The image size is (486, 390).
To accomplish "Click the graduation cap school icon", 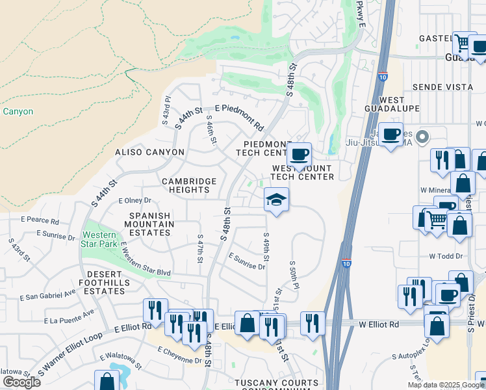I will pyautogui.click(x=276, y=199).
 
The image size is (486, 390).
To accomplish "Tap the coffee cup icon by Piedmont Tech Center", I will pyautogui.click(x=299, y=155).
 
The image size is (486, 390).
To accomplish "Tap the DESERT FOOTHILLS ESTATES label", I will pyautogui.click(x=104, y=287).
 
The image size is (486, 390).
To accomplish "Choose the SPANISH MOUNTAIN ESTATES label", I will pyautogui.click(x=150, y=224).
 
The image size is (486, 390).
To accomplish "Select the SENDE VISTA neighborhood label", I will pyautogui.click(x=442, y=86).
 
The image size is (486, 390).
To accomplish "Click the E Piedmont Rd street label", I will pyautogui.click(x=239, y=117).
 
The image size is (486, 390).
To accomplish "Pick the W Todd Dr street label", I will pyautogui.click(x=445, y=256).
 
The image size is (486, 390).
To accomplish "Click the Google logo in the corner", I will pyautogui.click(x=21, y=382).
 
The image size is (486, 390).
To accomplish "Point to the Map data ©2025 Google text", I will pyautogui.click(x=446, y=385).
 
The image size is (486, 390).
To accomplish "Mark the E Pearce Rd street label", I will pyautogui.click(x=40, y=220).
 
